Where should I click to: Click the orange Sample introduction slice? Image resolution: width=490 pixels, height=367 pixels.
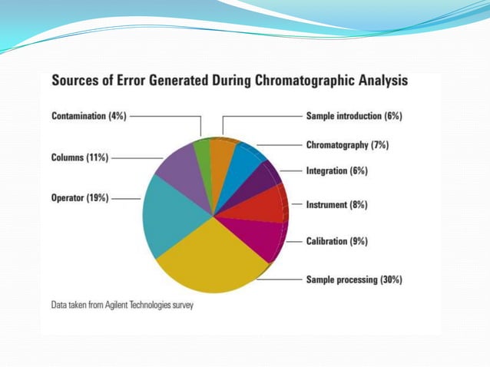pos(222,153)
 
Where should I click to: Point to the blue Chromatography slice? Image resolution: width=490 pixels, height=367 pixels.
pos(244,161)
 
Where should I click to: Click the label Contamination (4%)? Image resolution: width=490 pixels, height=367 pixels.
pos(88,116)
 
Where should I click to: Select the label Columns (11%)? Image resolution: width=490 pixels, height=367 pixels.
pos(80,157)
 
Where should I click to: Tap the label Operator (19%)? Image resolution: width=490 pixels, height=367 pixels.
pos(80,197)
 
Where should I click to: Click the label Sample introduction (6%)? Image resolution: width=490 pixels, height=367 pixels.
pos(354,116)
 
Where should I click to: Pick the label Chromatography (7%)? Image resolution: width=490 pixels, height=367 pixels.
pos(348,144)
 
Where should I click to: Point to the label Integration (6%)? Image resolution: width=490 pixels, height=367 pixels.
pos(336,171)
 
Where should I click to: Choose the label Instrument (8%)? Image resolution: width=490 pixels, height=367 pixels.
pos(336,205)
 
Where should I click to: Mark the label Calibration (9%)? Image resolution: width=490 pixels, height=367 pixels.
pos(336,241)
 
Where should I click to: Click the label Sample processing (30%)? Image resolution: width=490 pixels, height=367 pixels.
pos(354,279)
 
